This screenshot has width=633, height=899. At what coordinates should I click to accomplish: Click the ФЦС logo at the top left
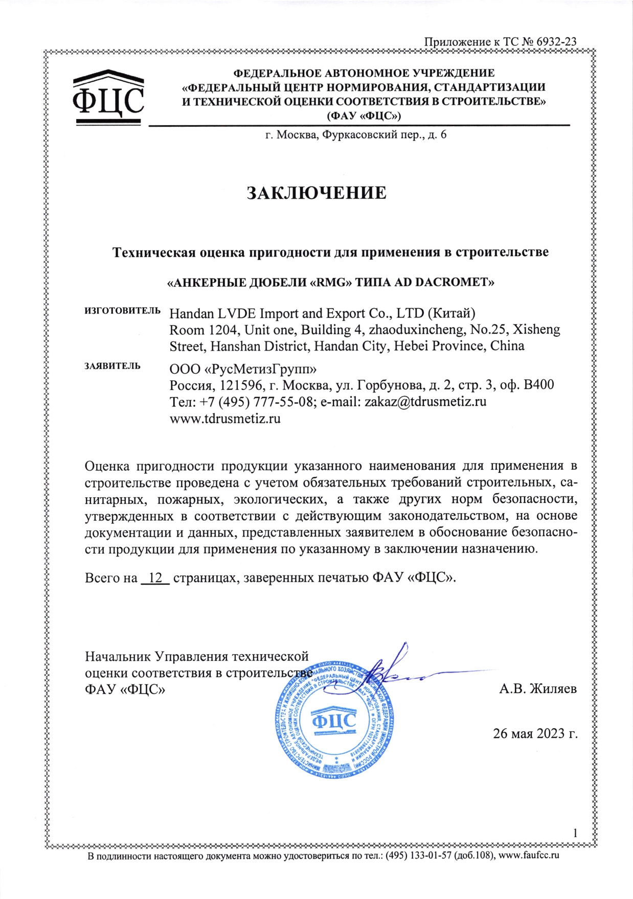click(108, 98)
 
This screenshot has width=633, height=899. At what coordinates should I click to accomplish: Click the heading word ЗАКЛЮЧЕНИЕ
click(316, 193)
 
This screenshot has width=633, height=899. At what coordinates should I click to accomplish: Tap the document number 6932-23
click(556, 42)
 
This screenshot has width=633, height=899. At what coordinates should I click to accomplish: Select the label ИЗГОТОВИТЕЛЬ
click(122, 311)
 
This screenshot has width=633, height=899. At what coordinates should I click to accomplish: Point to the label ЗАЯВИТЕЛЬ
click(112, 366)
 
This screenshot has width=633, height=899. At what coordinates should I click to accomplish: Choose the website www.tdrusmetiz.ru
click(225, 419)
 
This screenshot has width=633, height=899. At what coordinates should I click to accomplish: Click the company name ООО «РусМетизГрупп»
click(243, 368)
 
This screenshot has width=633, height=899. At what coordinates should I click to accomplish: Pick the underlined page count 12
click(155, 578)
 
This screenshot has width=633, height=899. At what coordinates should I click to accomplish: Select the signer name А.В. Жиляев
click(538, 688)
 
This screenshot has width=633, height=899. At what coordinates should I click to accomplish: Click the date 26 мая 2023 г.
click(535, 733)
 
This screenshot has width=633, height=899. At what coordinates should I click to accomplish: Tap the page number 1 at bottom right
click(575, 833)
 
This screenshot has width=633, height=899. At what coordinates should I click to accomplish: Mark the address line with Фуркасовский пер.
click(356, 135)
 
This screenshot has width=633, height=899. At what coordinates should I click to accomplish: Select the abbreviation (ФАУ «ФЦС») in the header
click(364, 116)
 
